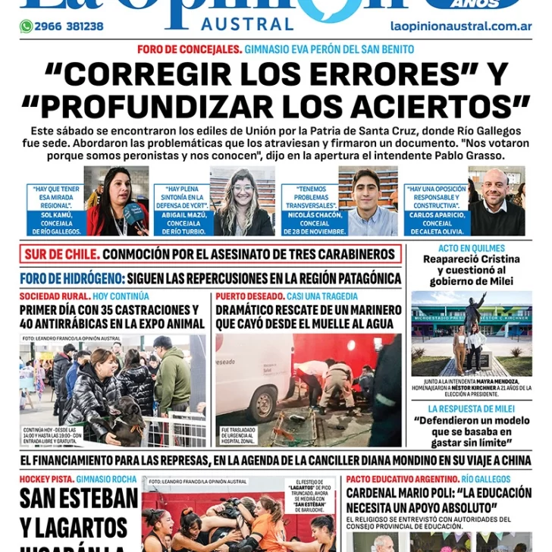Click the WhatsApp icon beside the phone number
pyautogui.click(x=26, y=27)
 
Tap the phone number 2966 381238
pyautogui.click(x=69, y=27)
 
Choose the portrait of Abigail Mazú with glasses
pyautogui.click(x=243, y=202)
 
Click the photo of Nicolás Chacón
pyautogui.click(x=372, y=202)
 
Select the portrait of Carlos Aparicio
pyautogui.click(x=497, y=202)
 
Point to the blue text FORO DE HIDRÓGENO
pyautogui.click(x=72, y=278)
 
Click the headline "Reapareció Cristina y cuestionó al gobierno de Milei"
pyautogui.click(x=471, y=270)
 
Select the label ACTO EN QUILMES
pyautogui.click(x=471, y=248)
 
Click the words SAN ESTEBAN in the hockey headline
pyautogui.click(x=79, y=499)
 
